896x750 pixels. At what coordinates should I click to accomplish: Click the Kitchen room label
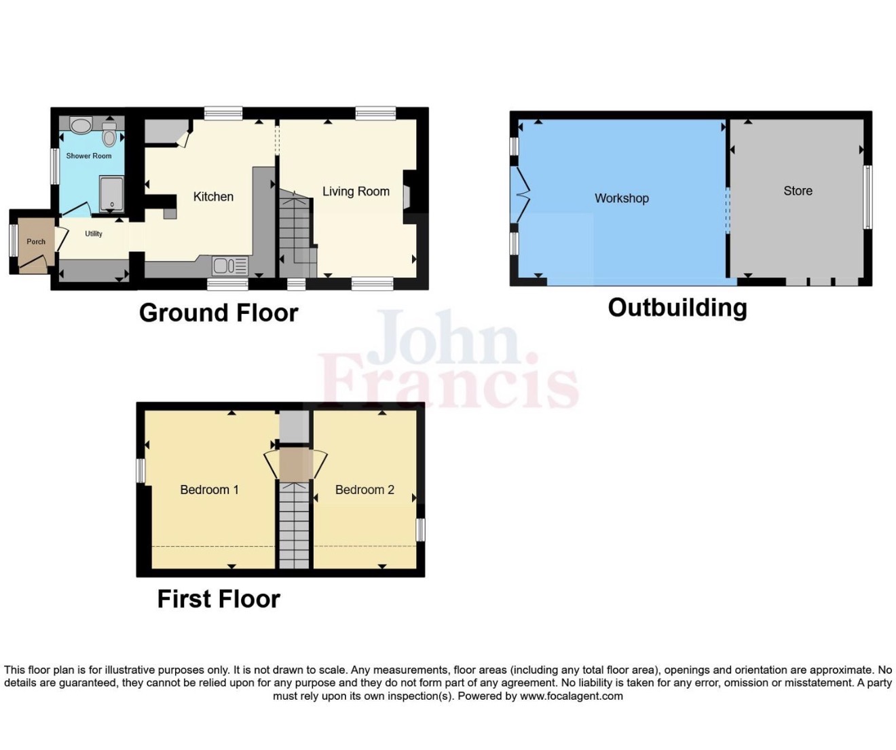point(213,197)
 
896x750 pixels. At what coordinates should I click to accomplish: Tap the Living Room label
point(356,192)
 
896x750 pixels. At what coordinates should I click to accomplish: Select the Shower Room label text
point(89,156)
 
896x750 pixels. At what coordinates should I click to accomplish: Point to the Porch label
point(36,242)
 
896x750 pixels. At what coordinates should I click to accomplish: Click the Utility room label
point(94,234)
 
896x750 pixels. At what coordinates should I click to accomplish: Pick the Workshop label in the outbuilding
point(621,198)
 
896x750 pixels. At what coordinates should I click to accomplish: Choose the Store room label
point(798,191)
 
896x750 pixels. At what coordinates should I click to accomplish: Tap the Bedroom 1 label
point(209,490)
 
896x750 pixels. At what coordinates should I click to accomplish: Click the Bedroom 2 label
point(365,490)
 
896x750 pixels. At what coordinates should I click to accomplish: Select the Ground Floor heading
point(219,312)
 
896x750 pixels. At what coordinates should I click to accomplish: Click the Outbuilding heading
point(677,308)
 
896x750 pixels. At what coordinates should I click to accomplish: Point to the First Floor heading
point(219,599)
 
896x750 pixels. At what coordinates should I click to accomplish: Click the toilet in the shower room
point(110,134)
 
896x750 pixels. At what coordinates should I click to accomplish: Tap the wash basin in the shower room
point(81,125)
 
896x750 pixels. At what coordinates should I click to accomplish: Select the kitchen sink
point(230,266)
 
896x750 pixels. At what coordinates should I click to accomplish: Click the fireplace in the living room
point(407,198)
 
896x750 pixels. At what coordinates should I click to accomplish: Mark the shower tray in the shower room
point(111,194)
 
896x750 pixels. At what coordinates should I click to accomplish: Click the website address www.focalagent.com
point(571,696)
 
